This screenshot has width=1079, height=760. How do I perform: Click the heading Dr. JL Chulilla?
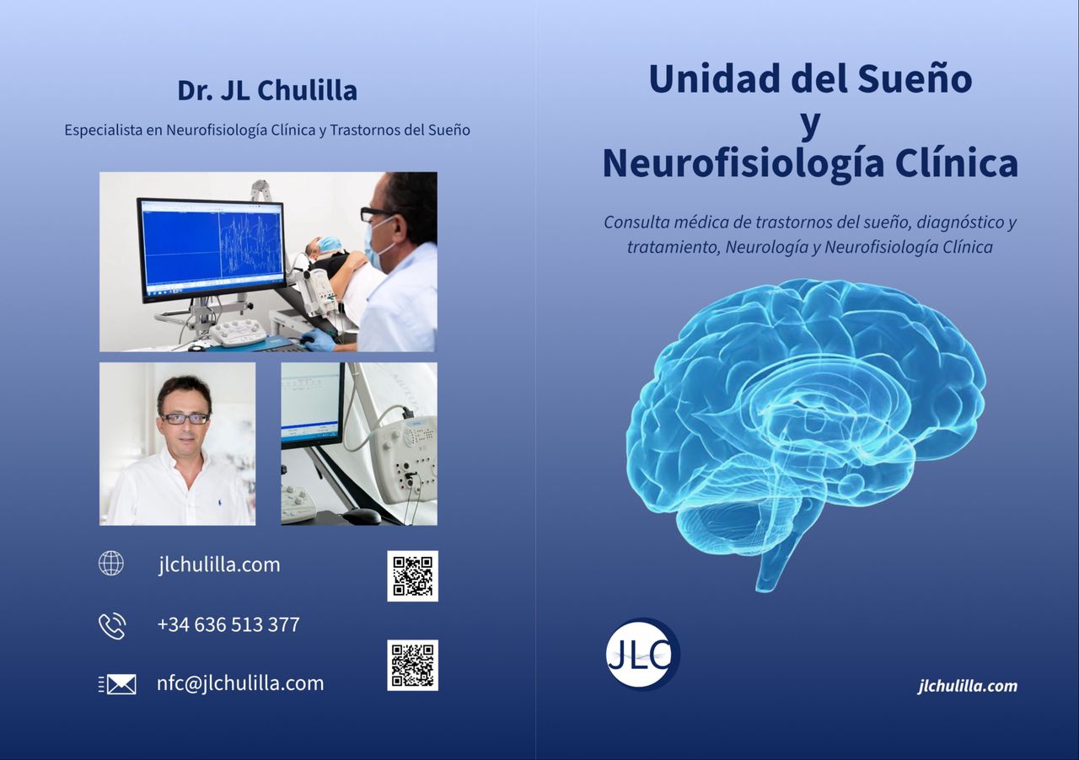coord(266,90)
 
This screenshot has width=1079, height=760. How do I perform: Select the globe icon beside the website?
coord(110,564)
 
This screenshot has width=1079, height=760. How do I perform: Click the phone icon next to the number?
coord(111,625)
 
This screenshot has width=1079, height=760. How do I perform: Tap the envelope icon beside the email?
coord(117,684)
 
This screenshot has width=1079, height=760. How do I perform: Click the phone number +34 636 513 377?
coord(228,624)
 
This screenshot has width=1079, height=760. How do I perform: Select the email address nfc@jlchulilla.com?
coord(240,683)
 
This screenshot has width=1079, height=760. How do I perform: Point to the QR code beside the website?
coord(412,575)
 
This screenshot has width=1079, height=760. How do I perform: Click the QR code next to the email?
coord(412,665)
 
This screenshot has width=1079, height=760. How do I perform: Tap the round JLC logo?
coord(642,655)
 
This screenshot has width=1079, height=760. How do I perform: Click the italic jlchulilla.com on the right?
coord(967,686)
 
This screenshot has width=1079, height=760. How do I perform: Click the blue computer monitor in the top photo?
coord(211,249)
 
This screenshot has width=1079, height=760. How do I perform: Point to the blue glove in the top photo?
coord(319,340)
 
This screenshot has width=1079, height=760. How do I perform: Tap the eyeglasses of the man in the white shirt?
coord(185,418)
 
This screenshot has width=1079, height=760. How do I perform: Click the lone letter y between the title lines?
coord(809,122)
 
